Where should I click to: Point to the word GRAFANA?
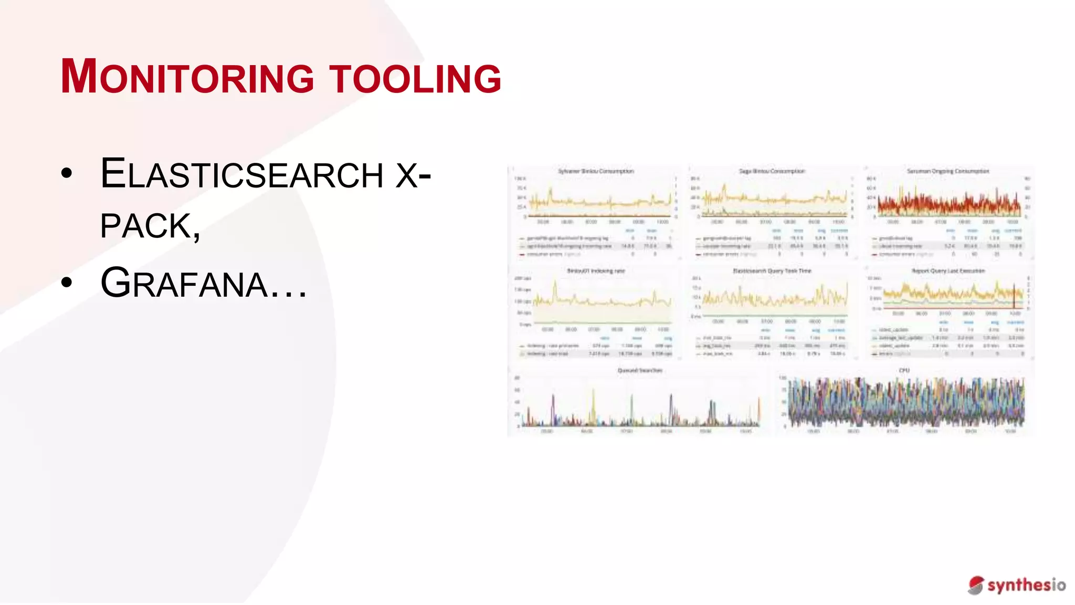(x=184, y=283)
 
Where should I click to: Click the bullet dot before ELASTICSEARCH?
(x=67, y=174)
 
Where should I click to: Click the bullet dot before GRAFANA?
(x=67, y=283)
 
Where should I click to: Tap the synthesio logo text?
(x=1026, y=585)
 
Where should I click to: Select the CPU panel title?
(x=904, y=370)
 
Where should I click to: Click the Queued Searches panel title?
(x=640, y=370)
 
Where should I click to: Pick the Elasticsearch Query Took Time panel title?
(x=772, y=271)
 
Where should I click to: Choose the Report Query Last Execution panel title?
(x=948, y=271)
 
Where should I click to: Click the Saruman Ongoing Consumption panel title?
(x=947, y=171)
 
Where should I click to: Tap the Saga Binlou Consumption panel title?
(x=772, y=171)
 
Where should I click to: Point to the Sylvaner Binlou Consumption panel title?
(x=596, y=171)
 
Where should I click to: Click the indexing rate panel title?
(x=596, y=271)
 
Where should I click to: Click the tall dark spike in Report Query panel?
(x=1014, y=297)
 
